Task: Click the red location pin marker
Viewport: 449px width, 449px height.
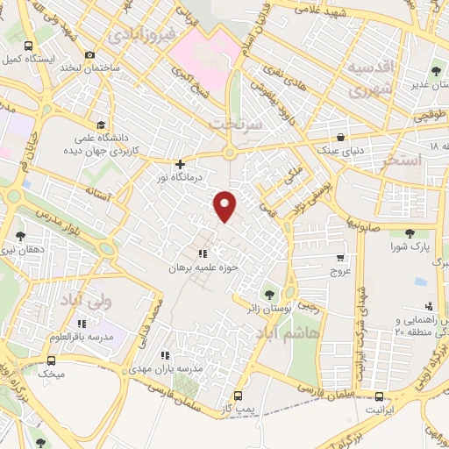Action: coord(226,206)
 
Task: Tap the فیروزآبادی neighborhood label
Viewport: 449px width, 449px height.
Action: coord(146,35)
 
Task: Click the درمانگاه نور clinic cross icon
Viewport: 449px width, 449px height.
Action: coord(180,163)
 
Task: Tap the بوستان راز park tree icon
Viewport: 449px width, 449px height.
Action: coord(268,293)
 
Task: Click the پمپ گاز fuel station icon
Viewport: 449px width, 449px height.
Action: coord(237,396)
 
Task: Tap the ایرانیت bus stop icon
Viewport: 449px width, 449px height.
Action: coord(379,396)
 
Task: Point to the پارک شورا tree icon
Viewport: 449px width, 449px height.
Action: coord(410,233)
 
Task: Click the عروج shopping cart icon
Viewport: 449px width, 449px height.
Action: coord(340,259)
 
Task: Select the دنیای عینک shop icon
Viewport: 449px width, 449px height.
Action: coord(341,136)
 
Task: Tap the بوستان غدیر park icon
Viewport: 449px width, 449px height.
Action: coord(437,71)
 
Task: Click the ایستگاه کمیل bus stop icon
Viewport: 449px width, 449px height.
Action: coord(29,46)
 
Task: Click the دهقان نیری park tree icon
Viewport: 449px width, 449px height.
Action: coord(22,235)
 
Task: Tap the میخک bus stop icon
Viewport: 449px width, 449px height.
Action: coord(50,360)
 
